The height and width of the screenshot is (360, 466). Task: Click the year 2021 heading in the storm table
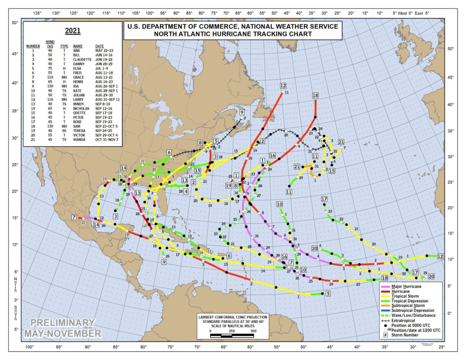tap(72, 31)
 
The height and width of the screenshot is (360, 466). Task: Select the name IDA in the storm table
tap(76, 87)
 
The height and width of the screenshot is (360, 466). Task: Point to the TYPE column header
tap(64, 46)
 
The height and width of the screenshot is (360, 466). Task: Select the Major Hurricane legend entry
tap(408, 286)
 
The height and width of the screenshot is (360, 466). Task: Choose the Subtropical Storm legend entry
tap(408, 306)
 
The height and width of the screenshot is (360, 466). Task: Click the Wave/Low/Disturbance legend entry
tap(413, 315)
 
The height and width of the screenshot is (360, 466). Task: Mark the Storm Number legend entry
tap(405, 335)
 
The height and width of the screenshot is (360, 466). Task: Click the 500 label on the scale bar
tap(253, 331)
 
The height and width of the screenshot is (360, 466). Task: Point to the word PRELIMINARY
tap(63, 323)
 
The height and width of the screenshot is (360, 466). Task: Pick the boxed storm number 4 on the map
tap(186, 191)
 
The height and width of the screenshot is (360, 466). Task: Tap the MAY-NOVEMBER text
tap(63, 334)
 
